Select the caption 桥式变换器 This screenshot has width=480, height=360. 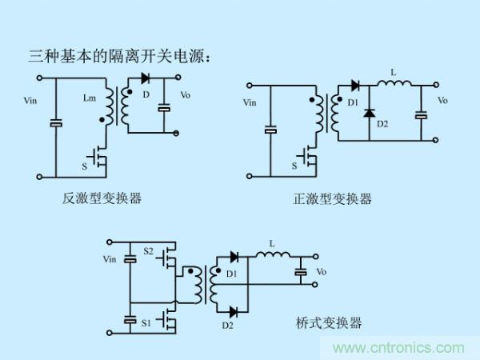(328, 323)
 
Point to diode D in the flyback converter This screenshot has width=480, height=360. (145, 78)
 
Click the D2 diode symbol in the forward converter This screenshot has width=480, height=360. (369, 113)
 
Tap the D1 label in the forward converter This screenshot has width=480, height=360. (350, 102)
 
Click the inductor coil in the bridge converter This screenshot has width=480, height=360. (272, 256)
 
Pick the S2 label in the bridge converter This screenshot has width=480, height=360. (148, 251)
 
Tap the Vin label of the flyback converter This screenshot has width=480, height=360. (30, 101)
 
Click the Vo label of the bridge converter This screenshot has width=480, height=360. (321, 272)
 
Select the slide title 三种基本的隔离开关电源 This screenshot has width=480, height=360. (120, 57)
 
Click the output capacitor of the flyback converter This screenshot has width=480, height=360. (163, 106)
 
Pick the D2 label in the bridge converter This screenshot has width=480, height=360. (226, 326)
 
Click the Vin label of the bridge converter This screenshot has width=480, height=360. (110, 258)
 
